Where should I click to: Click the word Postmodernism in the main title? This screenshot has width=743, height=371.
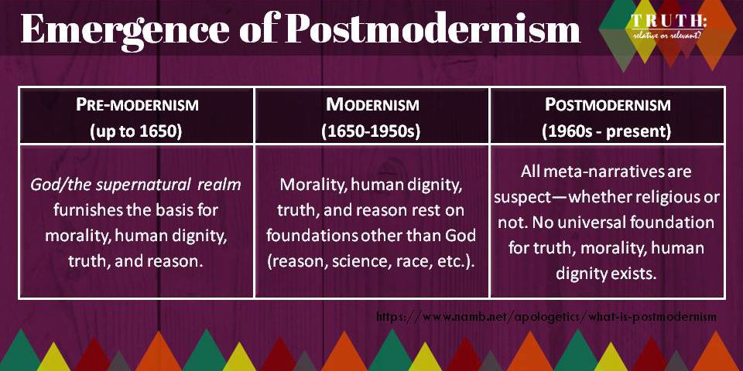[433, 29]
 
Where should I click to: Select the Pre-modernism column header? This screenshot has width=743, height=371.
[137, 105]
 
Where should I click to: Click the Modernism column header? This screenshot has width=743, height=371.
[372, 105]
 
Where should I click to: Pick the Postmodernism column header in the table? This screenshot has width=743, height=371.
[607, 105]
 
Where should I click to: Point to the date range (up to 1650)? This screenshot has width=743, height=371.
[137, 131]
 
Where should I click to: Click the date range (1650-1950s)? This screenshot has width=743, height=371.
[372, 131]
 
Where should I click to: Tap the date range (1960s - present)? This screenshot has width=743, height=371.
[607, 131]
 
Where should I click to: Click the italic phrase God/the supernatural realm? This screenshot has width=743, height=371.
[136, 185]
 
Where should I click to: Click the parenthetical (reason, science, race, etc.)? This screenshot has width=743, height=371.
[372, 261]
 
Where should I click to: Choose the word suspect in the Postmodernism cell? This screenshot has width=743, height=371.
[521, 198]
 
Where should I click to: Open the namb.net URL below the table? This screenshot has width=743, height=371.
[546, 317]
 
